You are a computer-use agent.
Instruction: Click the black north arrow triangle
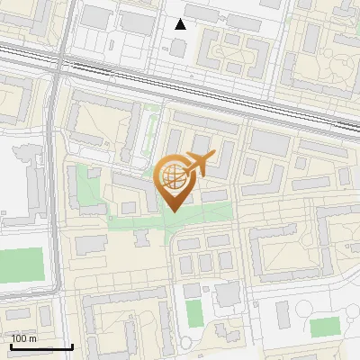click(x=181, y=24)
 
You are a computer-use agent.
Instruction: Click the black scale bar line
click(x=41, y=346)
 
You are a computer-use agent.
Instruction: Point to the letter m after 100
click(x=32, y=338)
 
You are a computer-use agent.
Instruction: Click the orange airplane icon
click(x=199, y=164)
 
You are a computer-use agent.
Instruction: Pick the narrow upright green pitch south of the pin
click(x=193, y=312)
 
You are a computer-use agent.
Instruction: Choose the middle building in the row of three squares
click(x=205, y=262)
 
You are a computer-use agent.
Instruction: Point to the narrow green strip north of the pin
click(x=148, y=135)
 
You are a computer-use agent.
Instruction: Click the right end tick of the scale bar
click(x=72, y=346)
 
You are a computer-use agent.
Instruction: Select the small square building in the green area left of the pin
click(x=129, y=207)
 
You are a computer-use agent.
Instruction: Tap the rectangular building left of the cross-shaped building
click(x=91, y=244)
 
